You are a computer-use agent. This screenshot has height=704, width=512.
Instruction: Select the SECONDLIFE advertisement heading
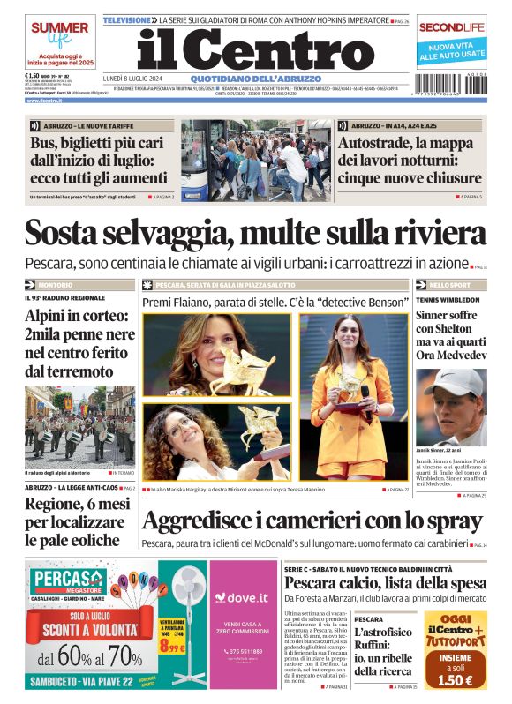coord(452,27)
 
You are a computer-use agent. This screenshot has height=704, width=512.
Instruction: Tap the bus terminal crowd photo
coord(255,159)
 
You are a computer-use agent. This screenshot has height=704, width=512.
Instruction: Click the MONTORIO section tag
coord(56,285)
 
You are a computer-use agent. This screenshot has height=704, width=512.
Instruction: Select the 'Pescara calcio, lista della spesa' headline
coord(385,583)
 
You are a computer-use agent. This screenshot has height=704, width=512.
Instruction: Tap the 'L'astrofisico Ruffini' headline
coord(383,652)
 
